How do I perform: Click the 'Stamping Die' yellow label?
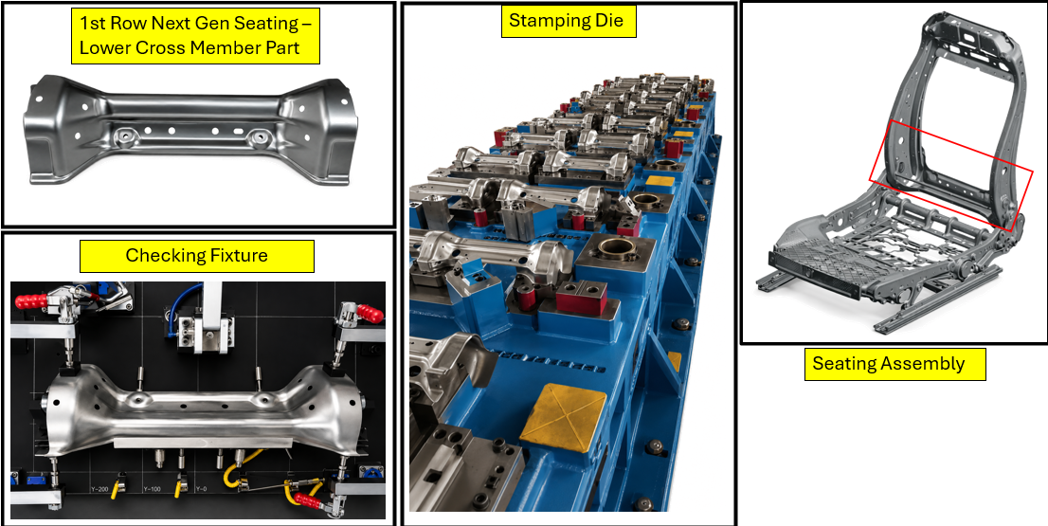click(569, 22)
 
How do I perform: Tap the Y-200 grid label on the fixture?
click(99, 489)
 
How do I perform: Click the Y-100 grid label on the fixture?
click(152, 489)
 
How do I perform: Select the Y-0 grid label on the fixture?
click(202, 489)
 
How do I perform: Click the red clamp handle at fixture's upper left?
click(31, 300)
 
